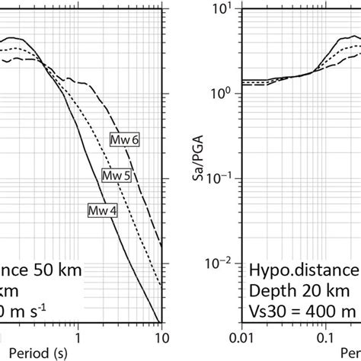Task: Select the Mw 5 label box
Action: tap(117, 175)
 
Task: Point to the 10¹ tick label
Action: tap(227, 9)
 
